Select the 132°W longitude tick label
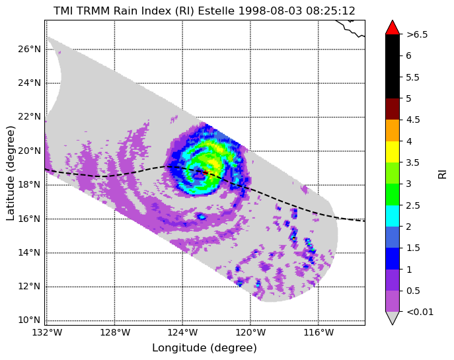coord(47,332)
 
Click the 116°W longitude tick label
coord(319,332)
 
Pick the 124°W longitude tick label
coord(182,332)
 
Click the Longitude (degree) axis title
coord(204,348)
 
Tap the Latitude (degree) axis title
coord(11,173)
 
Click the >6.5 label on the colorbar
coord(417,34)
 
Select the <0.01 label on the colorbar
coord(420,312)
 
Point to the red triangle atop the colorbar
coord(393,28)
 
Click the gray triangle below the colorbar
coord(393,318)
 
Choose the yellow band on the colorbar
coord(393,152)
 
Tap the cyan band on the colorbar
coord(393,216)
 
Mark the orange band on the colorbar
coord(393,131)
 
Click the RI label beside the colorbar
coord(442,174)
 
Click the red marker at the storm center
coord(206,173)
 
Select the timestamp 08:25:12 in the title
coord(330,11)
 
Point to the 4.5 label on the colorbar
coord(412,120)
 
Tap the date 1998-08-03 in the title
coord(270,11)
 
